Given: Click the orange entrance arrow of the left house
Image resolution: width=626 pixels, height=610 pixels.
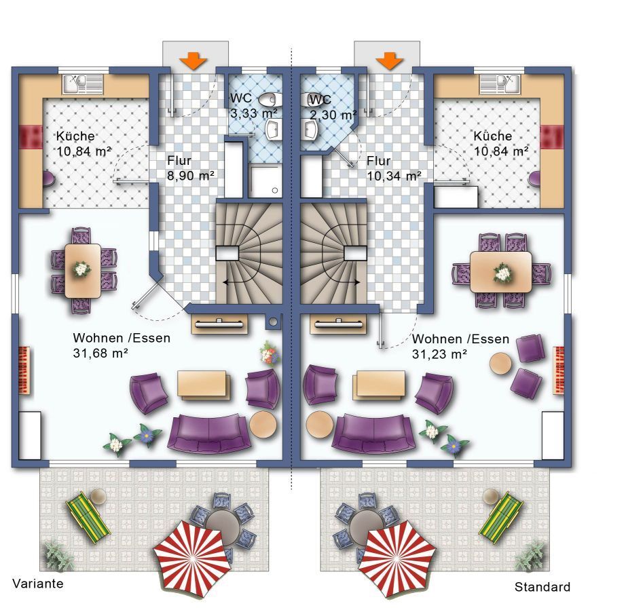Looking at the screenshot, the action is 193,61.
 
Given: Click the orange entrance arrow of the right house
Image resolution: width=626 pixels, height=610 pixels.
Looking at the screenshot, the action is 389,61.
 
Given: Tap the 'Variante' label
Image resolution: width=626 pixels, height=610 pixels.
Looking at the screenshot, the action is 38,584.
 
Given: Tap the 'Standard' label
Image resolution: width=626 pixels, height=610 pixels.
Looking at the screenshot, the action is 542,587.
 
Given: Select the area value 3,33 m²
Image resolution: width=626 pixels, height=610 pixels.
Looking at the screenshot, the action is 253,113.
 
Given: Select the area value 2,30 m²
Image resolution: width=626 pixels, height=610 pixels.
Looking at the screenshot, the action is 333,115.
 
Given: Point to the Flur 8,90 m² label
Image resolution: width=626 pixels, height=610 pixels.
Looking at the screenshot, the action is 190,168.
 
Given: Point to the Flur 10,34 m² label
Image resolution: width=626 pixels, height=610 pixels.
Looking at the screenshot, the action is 394,168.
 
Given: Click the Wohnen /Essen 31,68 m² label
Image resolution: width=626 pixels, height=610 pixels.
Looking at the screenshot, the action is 122,345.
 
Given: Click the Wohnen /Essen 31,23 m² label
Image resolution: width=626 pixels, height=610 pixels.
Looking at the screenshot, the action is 460,346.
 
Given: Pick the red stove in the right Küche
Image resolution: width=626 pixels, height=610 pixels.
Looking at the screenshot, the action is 551,136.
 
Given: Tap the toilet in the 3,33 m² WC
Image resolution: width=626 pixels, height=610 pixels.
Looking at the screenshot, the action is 270,100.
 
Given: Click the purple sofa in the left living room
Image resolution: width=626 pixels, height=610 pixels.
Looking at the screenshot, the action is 210,434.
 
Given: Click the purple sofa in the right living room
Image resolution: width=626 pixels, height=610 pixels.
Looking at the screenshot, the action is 373,434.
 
